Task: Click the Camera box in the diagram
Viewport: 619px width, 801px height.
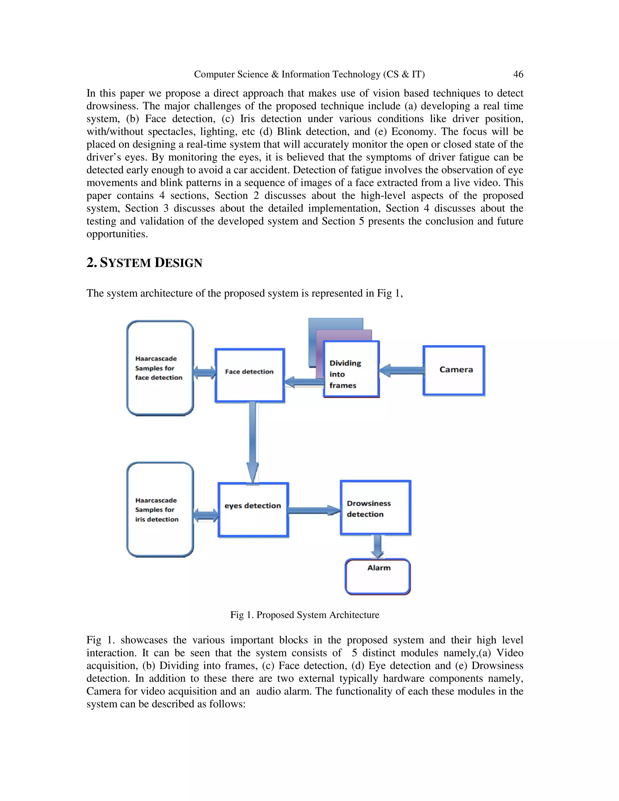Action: point(454,371)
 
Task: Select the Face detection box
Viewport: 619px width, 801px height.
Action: point(249,375)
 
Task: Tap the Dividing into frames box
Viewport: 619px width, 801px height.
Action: point(351,369)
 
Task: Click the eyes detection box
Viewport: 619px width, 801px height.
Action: point(253,510)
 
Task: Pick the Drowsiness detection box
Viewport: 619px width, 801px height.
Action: point(375,508)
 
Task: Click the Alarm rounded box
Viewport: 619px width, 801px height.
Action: point(378,576)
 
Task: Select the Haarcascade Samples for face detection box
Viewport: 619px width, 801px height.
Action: point(160,368)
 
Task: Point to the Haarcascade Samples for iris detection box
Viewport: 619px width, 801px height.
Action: point(160,510)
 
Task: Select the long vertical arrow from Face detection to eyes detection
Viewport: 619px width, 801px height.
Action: point(253,440)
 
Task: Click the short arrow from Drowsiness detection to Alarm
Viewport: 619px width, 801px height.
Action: point(377,546)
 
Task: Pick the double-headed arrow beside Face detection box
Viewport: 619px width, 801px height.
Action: point(204,373)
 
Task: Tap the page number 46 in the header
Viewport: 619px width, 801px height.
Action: point(518,74)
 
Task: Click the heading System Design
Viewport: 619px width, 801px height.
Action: point(144,263)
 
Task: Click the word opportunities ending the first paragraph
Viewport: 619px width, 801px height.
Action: point(117,234)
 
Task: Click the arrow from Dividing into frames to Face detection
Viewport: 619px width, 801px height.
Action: point(304,382)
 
